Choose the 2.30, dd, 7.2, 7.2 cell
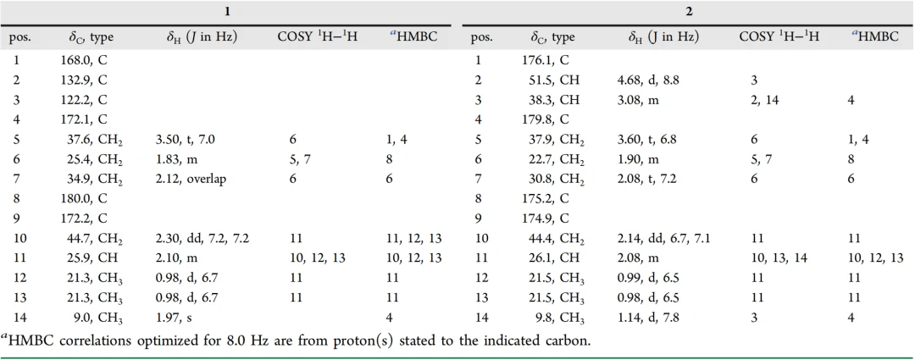pos(197,238)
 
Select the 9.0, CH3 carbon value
pos(86,318)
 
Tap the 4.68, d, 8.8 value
pos(650,80)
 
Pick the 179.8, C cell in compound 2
pos(543,119)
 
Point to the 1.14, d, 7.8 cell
pos(650,318)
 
